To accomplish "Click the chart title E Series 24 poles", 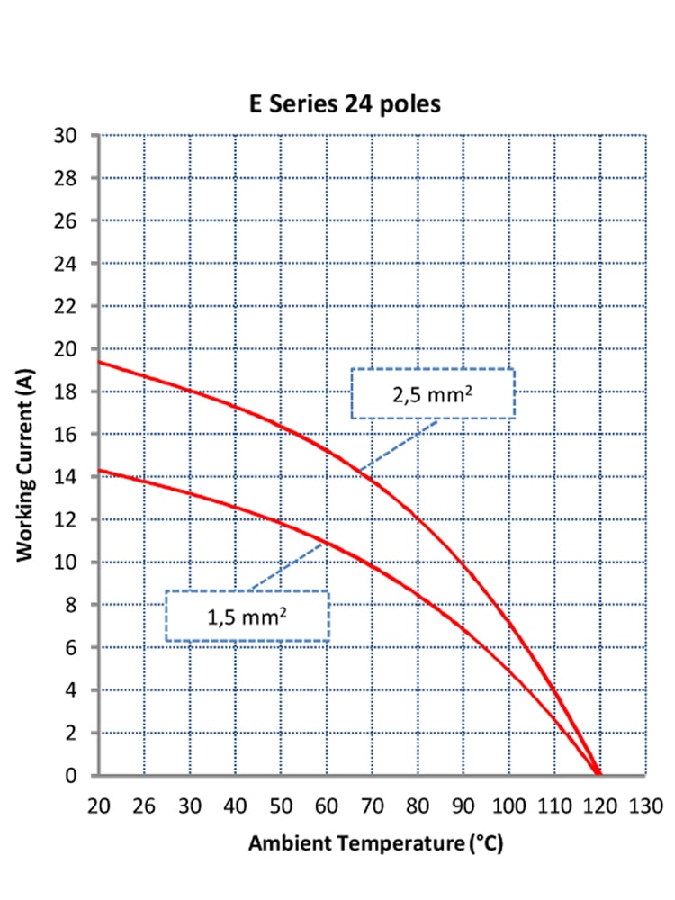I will point(346,104).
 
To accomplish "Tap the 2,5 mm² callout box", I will point(432,393).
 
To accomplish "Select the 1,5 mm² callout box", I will point(247,616).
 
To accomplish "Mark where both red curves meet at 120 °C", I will point(598,773).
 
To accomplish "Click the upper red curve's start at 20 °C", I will point(100,362).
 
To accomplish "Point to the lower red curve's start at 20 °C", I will point(100,470).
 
